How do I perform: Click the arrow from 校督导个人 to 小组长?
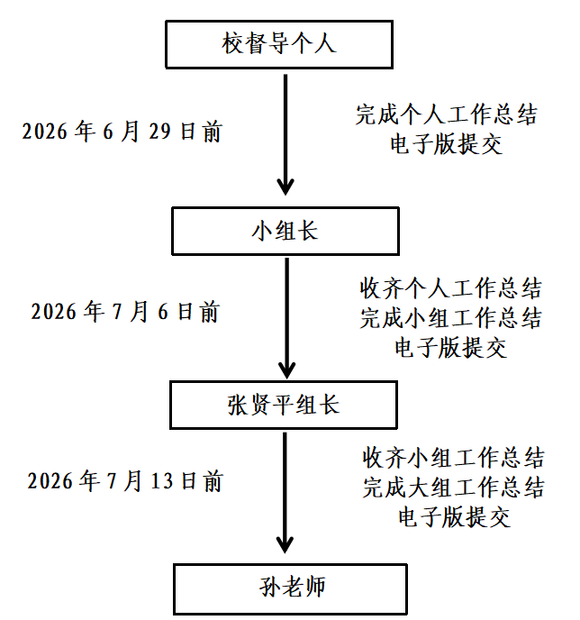[x=285, y=134]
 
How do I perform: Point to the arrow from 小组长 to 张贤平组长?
[x=286, y=318]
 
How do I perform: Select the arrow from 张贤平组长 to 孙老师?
[x=285, y=493]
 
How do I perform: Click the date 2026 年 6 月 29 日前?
[x=122, y=132]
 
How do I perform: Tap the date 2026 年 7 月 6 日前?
[x=125, y=312]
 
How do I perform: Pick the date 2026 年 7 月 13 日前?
[x=125, y=481]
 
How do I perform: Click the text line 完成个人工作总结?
[x=447, y=114]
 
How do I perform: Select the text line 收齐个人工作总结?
[x=451, y=288]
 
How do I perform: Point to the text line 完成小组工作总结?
[x=451, y=318]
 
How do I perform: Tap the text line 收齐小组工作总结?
[x=454, y=458]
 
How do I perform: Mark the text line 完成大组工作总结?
[x=454, y=488]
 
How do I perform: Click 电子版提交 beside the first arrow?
[x=447, y=144]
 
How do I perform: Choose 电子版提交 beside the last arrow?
[x=454, y=517]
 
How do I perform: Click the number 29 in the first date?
[x=159, y=132]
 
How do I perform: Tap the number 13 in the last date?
[x=162, y=481]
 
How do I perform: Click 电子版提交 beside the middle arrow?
[x=451, y=348]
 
